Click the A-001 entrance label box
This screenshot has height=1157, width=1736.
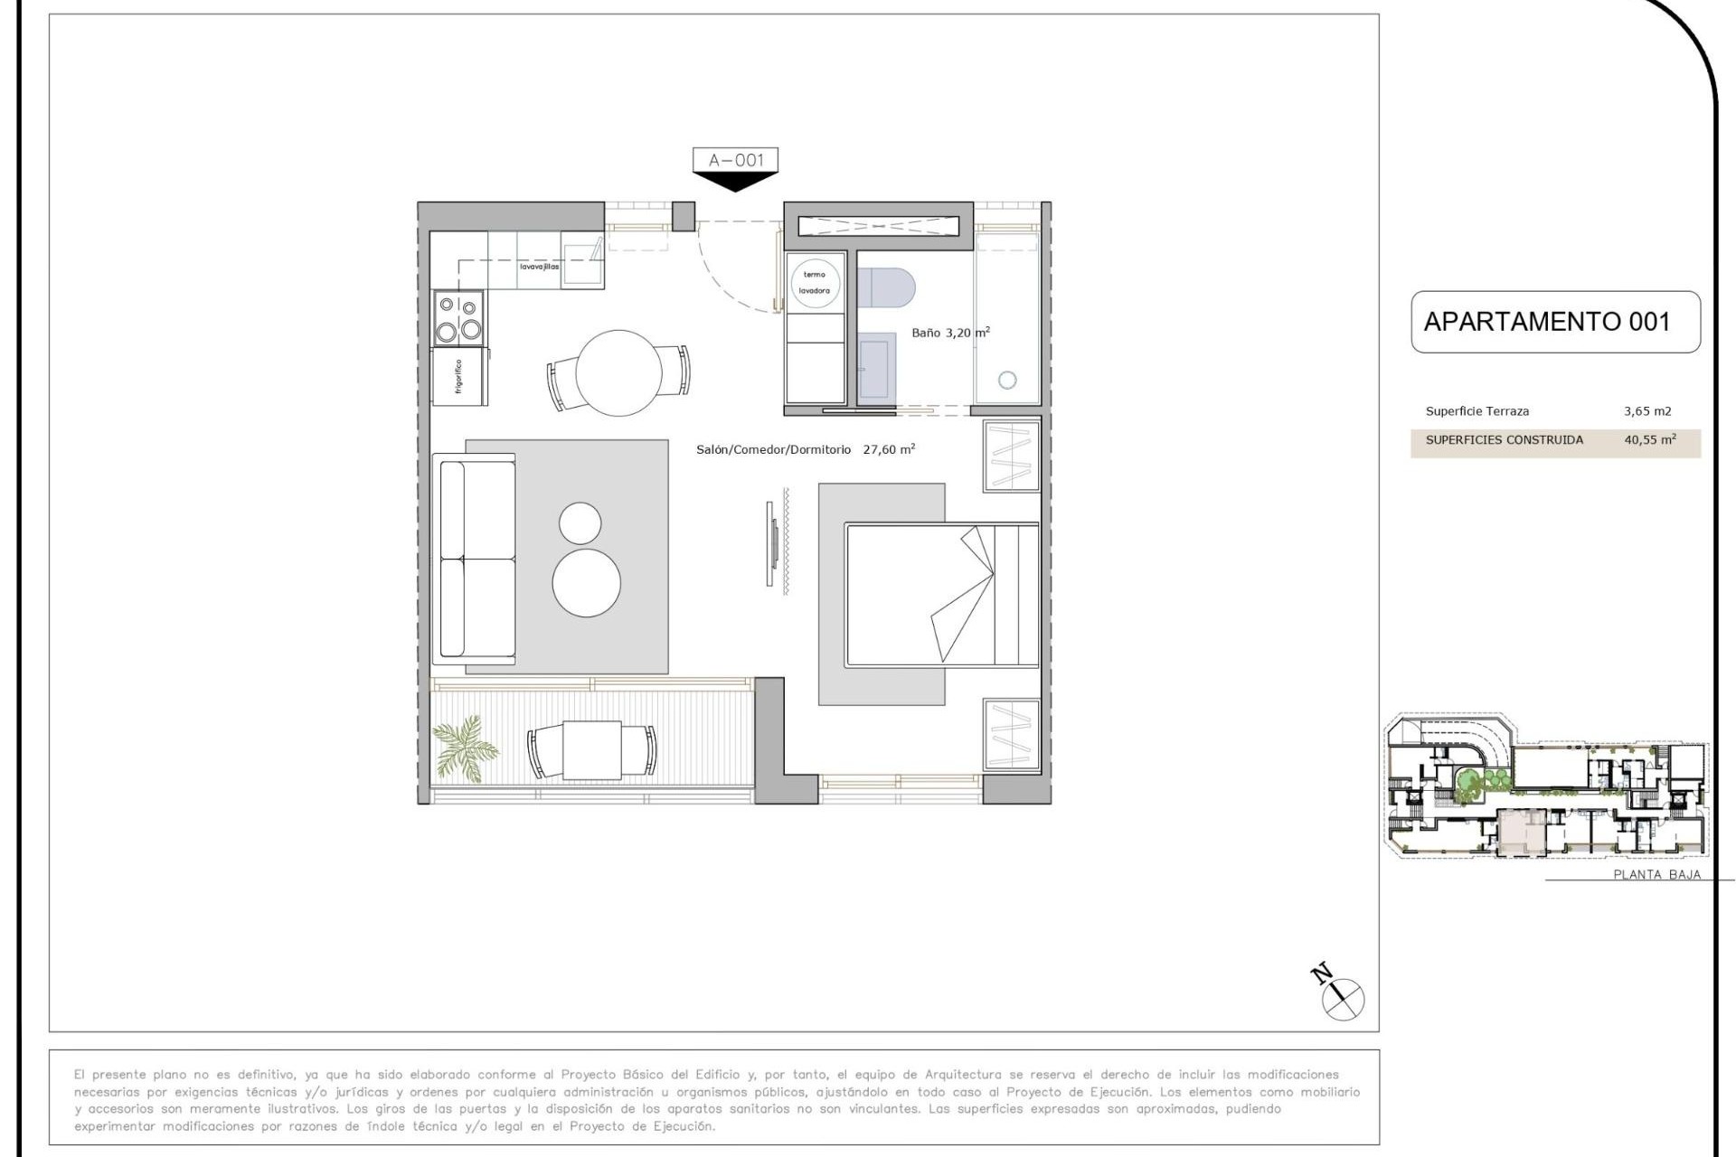(735, 160)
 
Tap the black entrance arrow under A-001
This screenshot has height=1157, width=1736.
(735, 182)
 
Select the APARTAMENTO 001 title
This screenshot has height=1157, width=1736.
(1546, 322)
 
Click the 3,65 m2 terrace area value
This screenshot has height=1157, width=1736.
(1647, 411)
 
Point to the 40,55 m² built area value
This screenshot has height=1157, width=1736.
(1650, 440)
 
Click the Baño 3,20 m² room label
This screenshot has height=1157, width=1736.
(949, 333)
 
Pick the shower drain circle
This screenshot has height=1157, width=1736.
(1007, 381)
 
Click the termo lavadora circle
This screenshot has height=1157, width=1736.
(815, 282)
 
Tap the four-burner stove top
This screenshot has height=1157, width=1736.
(459, 318)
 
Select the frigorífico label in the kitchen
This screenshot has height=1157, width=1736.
(459, 376)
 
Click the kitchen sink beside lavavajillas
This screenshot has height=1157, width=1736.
(582, 261)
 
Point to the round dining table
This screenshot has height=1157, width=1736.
(618, 372)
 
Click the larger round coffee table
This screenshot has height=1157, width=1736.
(587, 583)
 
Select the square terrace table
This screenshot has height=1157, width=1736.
(592, 750)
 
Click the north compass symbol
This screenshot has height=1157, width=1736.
(1342, 999)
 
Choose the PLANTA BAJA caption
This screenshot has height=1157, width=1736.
(1656, 874)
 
